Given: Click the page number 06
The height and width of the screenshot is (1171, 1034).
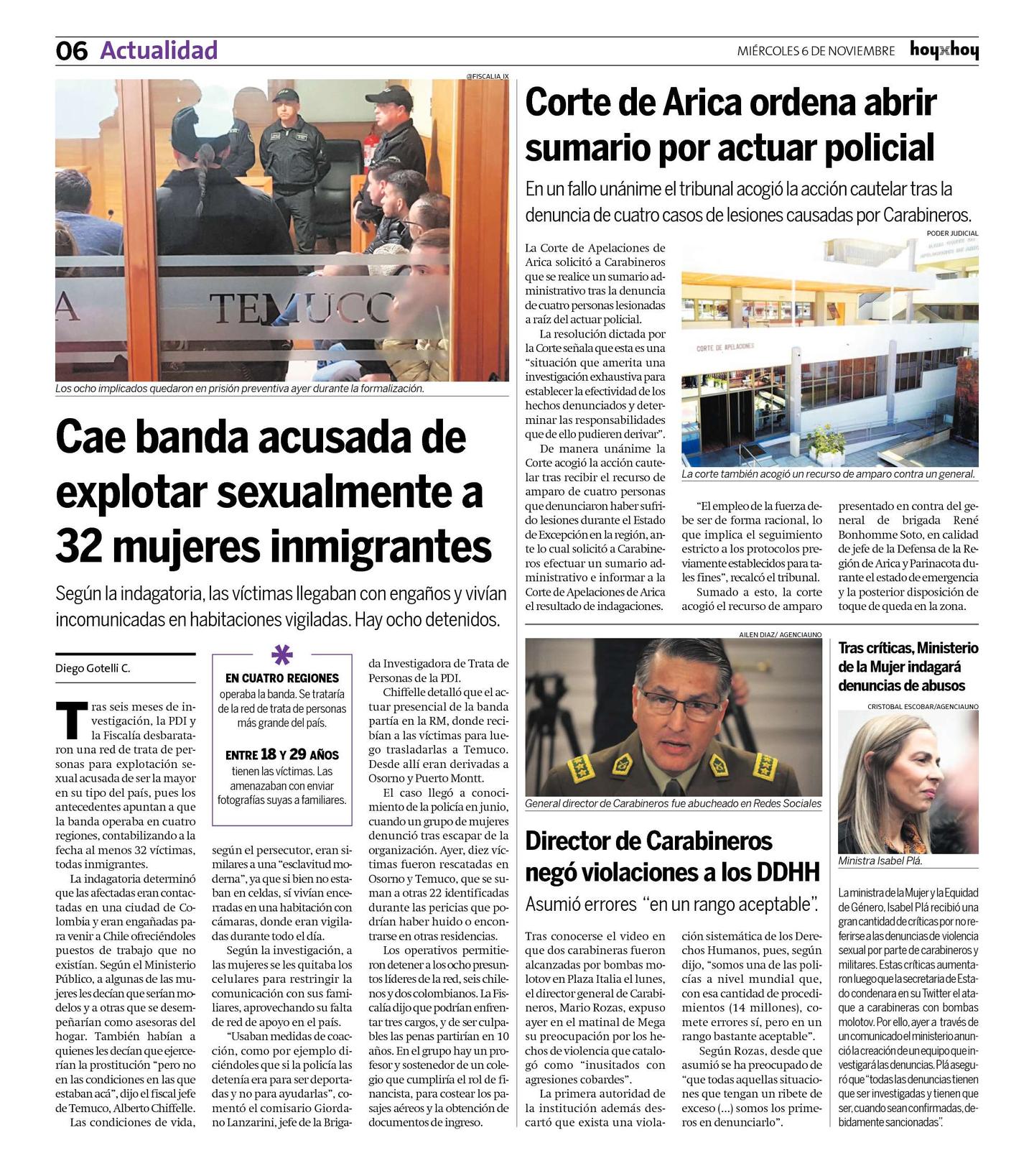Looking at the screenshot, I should pos(71,51).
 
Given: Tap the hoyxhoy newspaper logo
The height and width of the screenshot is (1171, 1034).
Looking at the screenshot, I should pos(944,50).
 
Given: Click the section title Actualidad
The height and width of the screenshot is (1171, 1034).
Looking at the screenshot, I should pos(159,50).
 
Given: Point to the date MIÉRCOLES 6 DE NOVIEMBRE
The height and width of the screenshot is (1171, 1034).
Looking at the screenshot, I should pos(816,51).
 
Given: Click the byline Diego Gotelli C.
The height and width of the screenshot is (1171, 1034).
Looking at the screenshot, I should pos(93,668).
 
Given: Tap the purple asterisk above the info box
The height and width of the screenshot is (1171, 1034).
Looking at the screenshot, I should pos(281,654).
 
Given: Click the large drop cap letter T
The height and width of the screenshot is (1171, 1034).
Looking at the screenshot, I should pos(71,721).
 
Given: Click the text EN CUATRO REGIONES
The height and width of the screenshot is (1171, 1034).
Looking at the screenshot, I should pos(281,678).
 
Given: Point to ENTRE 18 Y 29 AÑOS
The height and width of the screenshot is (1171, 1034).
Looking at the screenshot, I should pos(281,754).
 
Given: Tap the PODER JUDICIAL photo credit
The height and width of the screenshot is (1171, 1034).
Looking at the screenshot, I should pos(952,233).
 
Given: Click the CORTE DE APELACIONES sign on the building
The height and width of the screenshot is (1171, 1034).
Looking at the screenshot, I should pos(725,347).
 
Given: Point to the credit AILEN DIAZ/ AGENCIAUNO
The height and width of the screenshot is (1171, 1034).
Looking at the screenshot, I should pos(780,634).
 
